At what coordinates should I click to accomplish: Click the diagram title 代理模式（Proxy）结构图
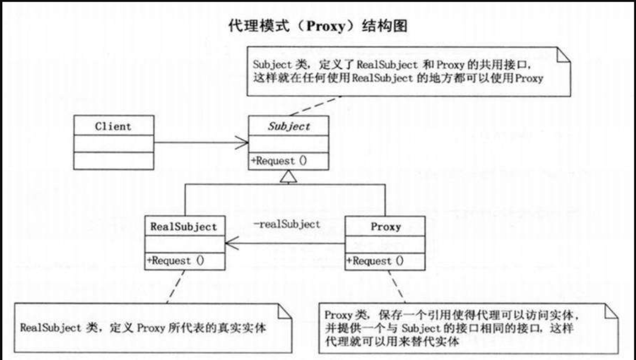tap(318, 27)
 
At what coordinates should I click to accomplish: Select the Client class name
tap(113, 126)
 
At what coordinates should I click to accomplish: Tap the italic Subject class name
tap(288, 126)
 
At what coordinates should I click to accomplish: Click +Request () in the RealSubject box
tap(176, 261)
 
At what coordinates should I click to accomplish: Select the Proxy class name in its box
tap(385, 227)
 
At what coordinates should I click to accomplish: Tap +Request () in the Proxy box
tap(377, 261)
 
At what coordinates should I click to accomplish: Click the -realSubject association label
tap(287, 224)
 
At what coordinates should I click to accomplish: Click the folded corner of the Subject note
tap(563, 54)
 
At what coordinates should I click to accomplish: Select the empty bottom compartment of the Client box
tap(113, 161)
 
